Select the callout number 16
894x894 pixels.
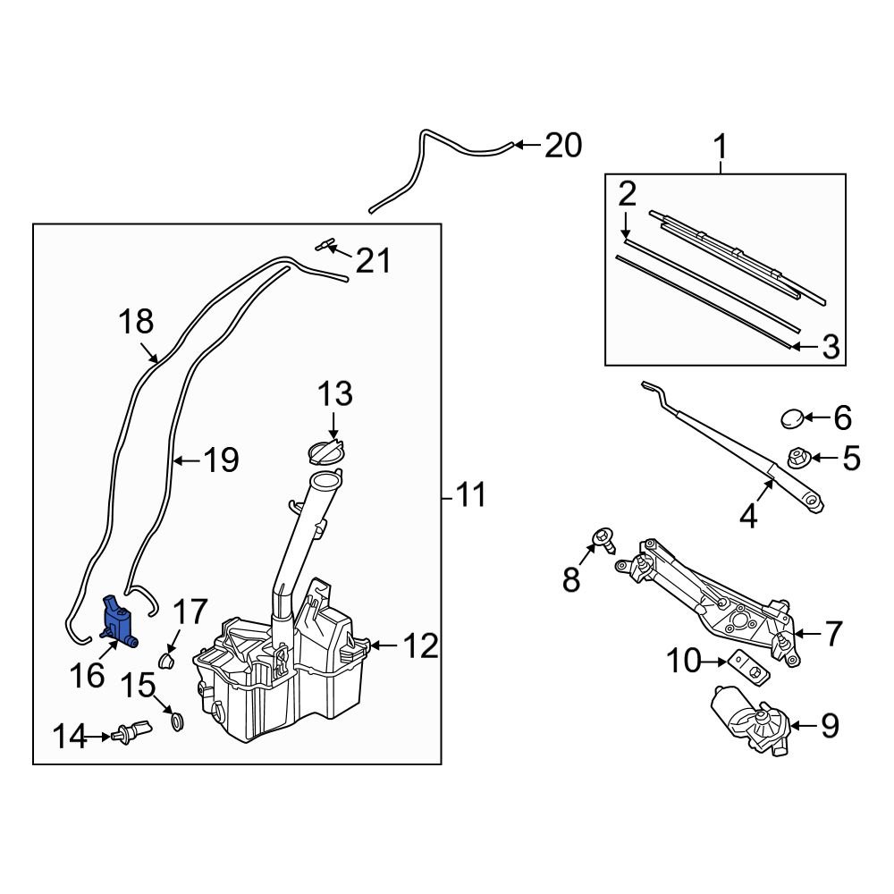pos(88,676)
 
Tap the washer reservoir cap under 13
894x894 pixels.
pos(327,451)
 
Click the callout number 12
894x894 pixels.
pos(419,645)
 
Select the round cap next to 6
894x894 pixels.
pos(792,417)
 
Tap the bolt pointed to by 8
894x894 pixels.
pos(601,539)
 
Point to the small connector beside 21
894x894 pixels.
pos(327,245)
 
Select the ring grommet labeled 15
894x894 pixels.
pos(176,721)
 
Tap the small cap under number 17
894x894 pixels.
pos(164,662)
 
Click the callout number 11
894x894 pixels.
pos(470,494)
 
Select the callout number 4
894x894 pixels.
pos(747,515)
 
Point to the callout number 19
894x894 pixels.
pos(220,460)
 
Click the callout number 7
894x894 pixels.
pos(831,634)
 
